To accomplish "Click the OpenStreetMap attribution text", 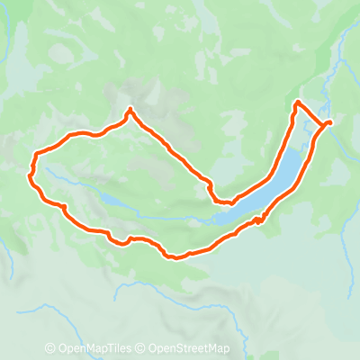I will [193, 349].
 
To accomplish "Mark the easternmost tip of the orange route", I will [331, 121].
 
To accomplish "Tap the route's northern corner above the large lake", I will [297, 104].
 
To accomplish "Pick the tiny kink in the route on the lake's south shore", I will [257, 220].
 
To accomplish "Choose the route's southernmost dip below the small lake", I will [173, 257].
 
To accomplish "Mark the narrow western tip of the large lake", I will [217, 217].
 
